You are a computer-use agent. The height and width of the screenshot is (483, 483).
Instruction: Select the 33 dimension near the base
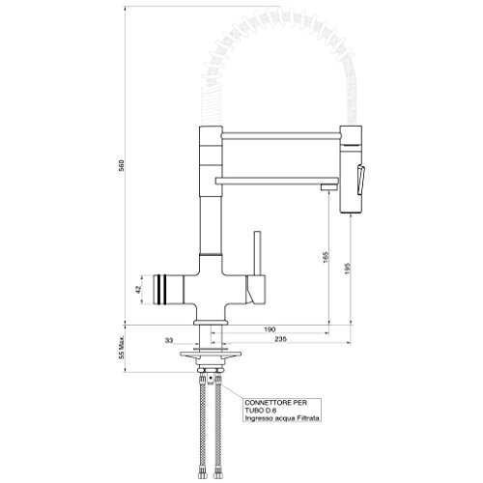[169, 340]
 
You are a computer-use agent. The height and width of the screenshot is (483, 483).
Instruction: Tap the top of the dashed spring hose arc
[275, 46]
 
